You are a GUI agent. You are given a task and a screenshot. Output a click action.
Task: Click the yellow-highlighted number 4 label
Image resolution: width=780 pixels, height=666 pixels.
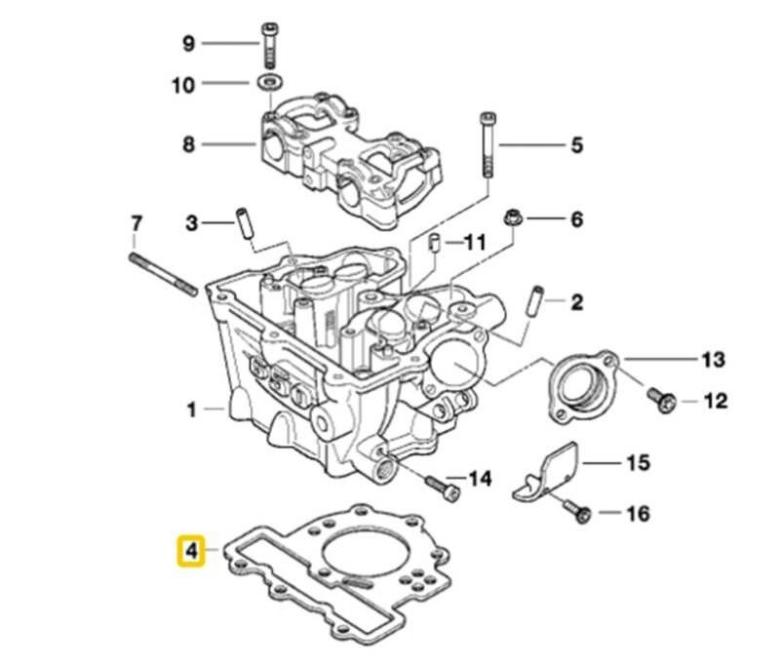(x=191, y=551)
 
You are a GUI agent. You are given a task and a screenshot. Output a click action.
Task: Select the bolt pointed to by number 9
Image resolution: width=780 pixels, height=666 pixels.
(x=269, y=46)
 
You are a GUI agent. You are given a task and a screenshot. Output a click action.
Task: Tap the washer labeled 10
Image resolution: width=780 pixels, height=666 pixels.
(x=269, y=82)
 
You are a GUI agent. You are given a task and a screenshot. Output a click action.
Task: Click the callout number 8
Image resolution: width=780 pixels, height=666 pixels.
(x=188, y=144)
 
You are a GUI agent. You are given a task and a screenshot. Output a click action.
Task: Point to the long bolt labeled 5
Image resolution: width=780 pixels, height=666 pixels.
(x=487, y=145)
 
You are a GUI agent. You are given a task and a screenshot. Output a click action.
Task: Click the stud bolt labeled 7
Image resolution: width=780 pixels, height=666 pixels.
(x=164, y=274)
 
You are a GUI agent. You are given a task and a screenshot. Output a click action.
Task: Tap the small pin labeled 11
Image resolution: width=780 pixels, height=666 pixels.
(x=435, y=243)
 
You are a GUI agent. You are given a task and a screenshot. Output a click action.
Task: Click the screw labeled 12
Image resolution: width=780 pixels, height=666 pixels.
(x=661, y=400)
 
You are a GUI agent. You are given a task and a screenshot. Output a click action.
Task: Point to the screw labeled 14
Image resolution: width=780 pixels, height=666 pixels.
(x=443, y=488)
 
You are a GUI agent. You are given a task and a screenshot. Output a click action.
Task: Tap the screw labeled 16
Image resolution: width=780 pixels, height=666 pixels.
(x=577, y=512)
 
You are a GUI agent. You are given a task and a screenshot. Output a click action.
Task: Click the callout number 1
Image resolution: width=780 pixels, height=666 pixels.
(x=191, y=411)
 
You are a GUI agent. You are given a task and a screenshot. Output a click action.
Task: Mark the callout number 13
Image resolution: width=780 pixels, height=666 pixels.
(x=713, y=359)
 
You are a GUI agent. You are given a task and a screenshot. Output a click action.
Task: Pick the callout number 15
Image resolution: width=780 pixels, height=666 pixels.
(x=639, y=462)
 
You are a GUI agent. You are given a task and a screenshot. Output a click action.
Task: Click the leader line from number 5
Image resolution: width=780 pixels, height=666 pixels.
(x=531, y=145)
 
